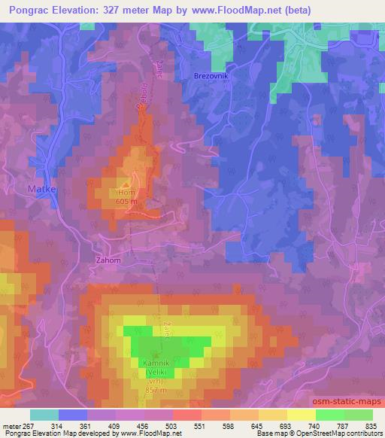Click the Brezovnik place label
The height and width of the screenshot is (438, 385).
[x=211, y=77]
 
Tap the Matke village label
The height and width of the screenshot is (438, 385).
[x=42, y=190]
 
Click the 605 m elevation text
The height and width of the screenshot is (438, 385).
[x=126, y=201]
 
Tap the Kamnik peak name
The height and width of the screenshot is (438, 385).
[x=156, y=363]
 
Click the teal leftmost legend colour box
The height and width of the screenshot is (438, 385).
[x=44, y=415]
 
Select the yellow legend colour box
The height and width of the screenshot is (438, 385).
[x=301, y=415]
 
